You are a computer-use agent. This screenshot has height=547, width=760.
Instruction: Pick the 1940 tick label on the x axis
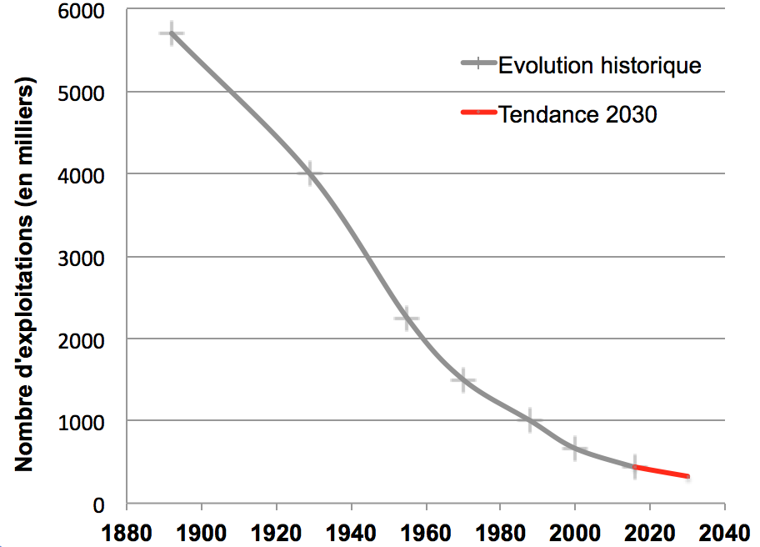pyautogui.click(x=351, y=532)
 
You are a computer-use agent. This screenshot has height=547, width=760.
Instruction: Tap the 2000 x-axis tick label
pyautogui.click(x=575, y=532)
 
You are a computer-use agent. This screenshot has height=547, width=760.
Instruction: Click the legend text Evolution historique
pyautogui.click(x=600, y=65)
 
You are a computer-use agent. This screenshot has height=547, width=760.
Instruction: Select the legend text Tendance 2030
pyautogui.click(x=577, y=114)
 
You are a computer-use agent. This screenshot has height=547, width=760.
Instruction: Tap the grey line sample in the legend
pyautogui.click(x=477, y=64)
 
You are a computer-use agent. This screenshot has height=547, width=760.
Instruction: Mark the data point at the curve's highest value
pyautogui.click(x=172, y=34)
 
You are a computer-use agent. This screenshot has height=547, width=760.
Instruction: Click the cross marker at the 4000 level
pyautogui.click(x=310, y=173)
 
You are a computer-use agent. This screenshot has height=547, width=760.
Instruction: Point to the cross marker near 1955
pyautogui.click(x=407, y=319)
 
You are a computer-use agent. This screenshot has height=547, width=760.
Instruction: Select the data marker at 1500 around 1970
pyautogui.click(x=462, y=380)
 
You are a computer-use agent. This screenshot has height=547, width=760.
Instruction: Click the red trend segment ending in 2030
pyautogui.click(x=662, y=471)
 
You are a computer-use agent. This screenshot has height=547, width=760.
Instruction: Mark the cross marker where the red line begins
pyautogui.click(x=635, y=467)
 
